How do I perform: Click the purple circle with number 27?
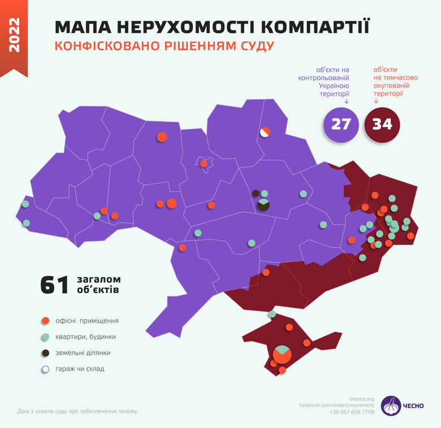(341, 124)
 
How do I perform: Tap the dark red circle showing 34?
(382, 124)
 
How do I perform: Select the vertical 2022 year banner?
(14, 35)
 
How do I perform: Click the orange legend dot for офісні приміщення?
(46, 321)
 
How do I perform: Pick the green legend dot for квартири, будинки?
(46, 337)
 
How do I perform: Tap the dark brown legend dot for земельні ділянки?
(46, 353)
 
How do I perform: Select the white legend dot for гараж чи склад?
(46, 369)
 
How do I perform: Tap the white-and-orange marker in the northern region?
(265, 132)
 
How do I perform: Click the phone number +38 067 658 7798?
(352, 412)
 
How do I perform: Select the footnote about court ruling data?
(77, 411)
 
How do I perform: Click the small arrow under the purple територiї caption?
(346, 102)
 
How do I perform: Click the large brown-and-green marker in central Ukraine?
(263, 204)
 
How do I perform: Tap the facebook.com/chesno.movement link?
(336, 405)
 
